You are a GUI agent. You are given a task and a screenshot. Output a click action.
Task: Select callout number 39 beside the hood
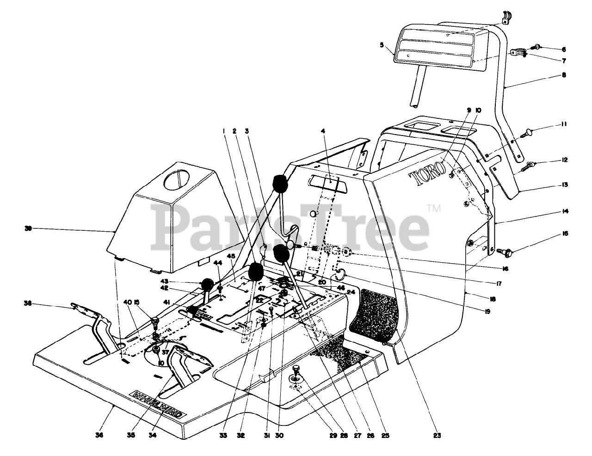coord(28,228)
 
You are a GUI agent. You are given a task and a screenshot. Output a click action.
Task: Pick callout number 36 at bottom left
coord(101,435)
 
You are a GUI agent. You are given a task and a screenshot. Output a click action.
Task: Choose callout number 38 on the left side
coord(28,303)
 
